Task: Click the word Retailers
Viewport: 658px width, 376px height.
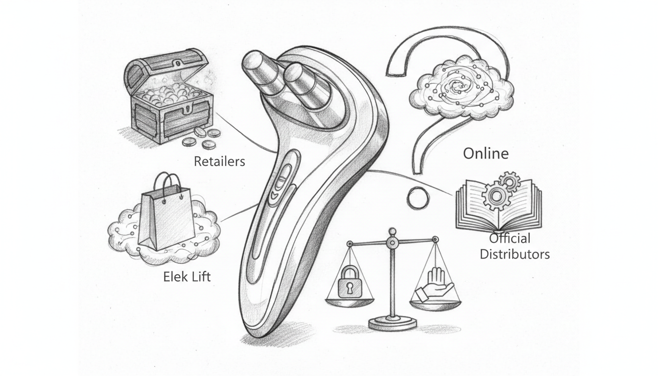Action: tap(219, 161)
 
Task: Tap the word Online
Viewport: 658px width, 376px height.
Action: tap(486, 153)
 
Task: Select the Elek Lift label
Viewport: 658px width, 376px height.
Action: tap(187, 277)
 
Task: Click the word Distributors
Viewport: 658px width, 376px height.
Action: tap(515, 254)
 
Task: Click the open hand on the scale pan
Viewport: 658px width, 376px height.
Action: tap(435, 285)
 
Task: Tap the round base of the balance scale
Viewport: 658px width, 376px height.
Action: tap(393, 323)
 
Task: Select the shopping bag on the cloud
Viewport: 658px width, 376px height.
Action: tap(166, 217)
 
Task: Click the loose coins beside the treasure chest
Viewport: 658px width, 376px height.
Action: tap(201, 138)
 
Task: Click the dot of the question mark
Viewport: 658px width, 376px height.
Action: tap(418, 198)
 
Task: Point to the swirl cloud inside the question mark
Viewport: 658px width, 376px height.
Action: tap(462, 88)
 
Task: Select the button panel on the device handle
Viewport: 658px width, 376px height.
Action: tap(282, 180)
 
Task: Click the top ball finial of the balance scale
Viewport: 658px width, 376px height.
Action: tap(392, 232)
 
